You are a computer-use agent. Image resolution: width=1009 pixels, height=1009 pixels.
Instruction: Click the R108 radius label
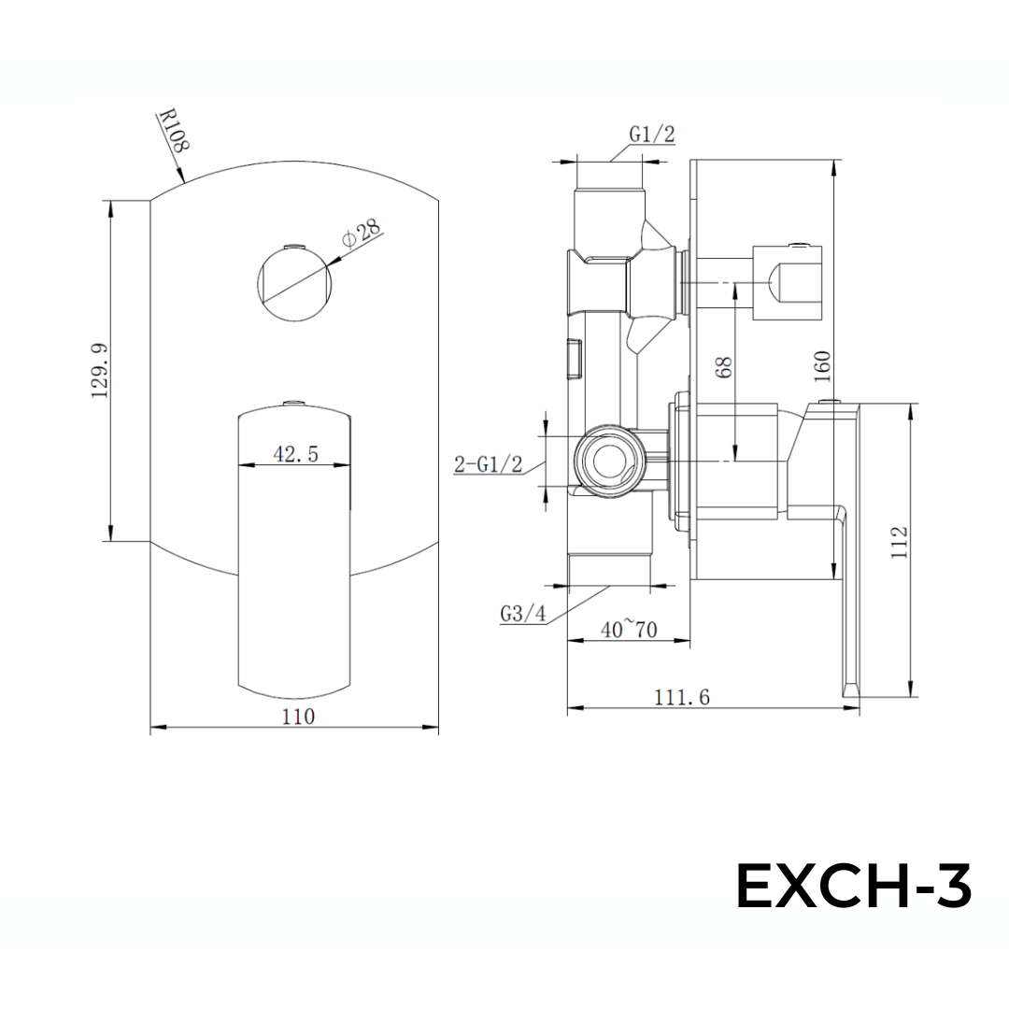[175, 132]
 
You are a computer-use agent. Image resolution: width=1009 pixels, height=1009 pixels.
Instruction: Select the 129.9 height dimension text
[101, 371]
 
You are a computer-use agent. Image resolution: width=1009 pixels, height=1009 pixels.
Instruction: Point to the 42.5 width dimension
[295, 454]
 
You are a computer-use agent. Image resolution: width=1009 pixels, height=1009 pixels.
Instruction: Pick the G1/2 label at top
[651, 135]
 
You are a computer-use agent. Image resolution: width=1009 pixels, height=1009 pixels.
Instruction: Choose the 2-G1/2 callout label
[488, 464]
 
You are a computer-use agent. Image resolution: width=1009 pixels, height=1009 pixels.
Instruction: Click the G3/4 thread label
[522, 614]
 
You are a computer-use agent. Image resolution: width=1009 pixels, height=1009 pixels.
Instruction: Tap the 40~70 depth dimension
[629, 630]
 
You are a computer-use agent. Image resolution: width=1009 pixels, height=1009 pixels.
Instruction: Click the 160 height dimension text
[822, 367]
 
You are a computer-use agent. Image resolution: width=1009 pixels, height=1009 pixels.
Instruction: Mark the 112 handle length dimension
[900, 542]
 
